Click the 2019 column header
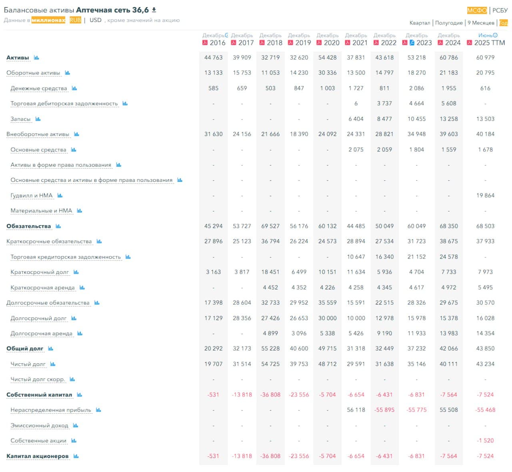pos(303,43)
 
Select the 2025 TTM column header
pos(489,43)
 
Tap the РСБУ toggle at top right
pos(500,10)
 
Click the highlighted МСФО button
pos(477,10)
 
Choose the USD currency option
pos(96,20)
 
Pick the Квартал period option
pos(420,23)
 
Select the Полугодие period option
pos(449,23)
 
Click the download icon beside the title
pos(154,10)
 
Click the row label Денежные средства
pos(39,88)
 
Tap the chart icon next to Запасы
pos(38,119)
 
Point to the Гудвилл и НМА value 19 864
pos(485,195)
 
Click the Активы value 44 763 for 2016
pos(213,58)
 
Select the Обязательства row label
pos(29,226)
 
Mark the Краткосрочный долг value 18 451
pos(270,272)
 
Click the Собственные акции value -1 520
pos(485,440)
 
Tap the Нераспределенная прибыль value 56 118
pos(356,410)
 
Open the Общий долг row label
pos(25,349)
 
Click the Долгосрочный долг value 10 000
pos(356,318)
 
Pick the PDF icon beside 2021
pos(348,43)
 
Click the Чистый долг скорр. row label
pos(38,379)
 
